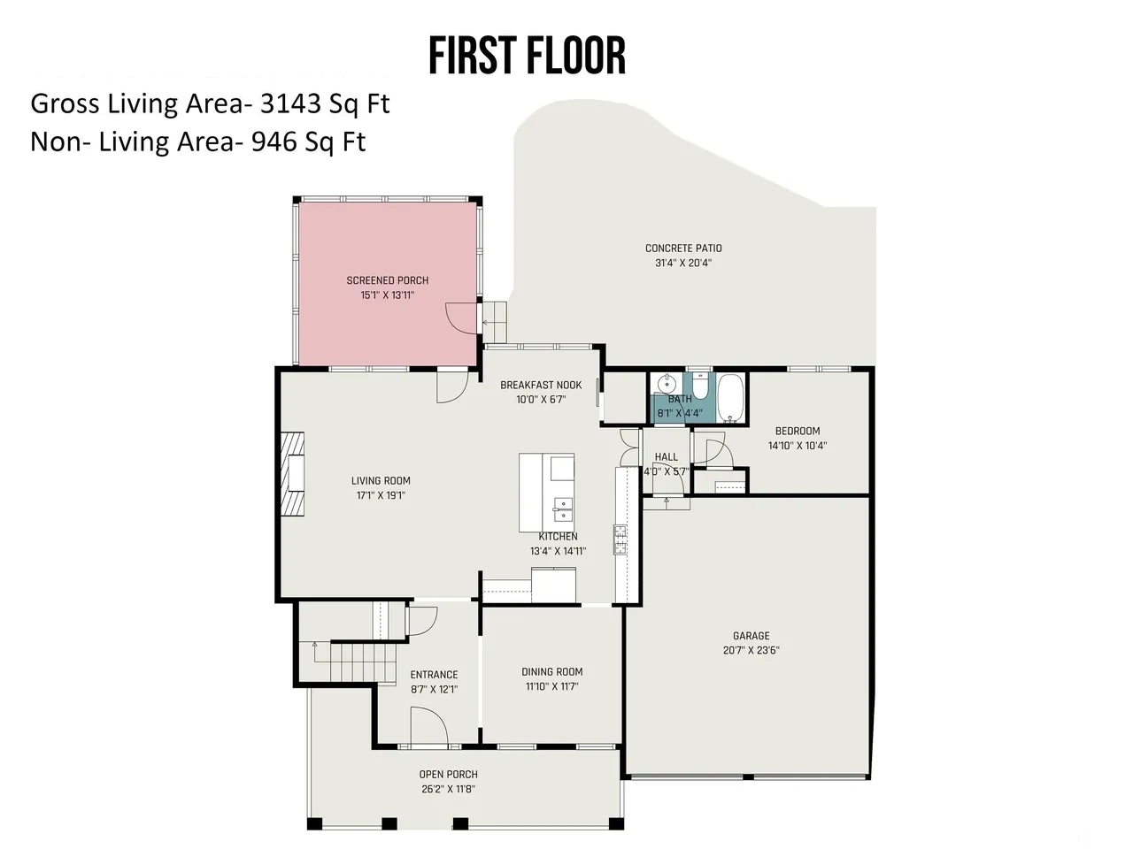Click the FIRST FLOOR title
(527, 56)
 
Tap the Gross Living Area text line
(210, 103)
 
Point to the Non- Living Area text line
(198, 141)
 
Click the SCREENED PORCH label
(387, 280)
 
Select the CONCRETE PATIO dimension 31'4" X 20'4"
(683, 263)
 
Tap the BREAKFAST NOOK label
(541, 385)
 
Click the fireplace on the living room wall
(292, 474)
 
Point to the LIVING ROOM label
(381, 481)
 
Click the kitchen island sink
(563, 509)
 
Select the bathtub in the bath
(730, 397)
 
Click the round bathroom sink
(667, 384)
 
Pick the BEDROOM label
(797, 431)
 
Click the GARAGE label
(751, 636)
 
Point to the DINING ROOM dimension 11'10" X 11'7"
(551, 686)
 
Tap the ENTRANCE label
(434, 675)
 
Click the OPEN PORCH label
(448, 774)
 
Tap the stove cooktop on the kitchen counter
(620, 539)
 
